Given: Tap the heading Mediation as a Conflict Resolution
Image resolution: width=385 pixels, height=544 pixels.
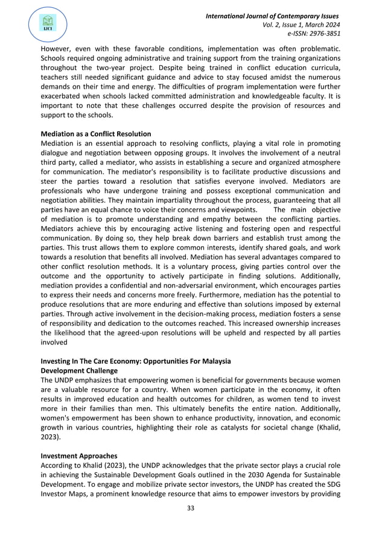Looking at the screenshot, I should (95, 133).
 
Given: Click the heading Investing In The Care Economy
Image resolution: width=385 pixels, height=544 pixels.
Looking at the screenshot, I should (135, 361).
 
